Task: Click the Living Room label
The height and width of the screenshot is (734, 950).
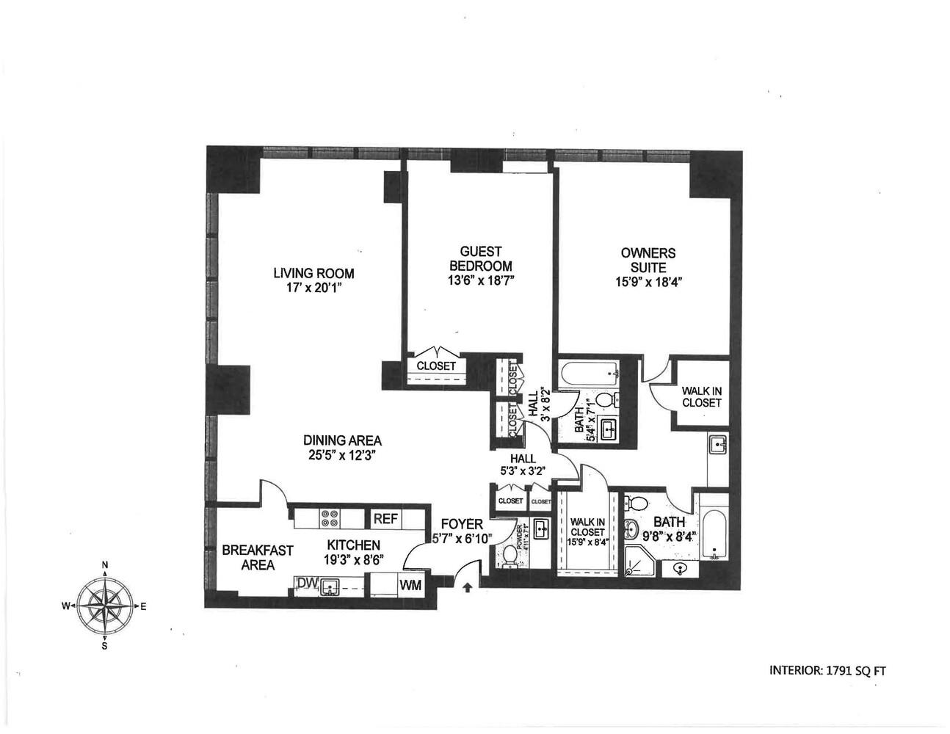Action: tap(313, 273)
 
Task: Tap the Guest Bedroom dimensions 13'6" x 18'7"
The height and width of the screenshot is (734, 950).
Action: tap(480, 280)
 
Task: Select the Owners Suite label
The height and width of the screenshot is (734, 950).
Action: tap(648, 260)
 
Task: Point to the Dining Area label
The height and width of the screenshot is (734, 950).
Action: tap(342, 440)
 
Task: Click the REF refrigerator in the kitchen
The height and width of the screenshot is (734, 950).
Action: tap(385, 518)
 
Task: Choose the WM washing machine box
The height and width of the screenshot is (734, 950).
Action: tap(409, 585)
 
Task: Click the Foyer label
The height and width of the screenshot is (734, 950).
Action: tap(462, 524)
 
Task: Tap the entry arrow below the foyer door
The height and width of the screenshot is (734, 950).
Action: tap(467, 586)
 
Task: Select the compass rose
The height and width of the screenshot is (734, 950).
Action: tap(105, 606)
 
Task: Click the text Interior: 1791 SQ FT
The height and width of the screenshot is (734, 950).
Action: tap(832, 669)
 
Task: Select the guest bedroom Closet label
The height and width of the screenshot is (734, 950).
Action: tap(436, 366)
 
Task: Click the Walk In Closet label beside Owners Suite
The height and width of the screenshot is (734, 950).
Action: tap(701, 397)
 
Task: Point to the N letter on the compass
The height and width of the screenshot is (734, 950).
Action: tap(105, 565)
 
